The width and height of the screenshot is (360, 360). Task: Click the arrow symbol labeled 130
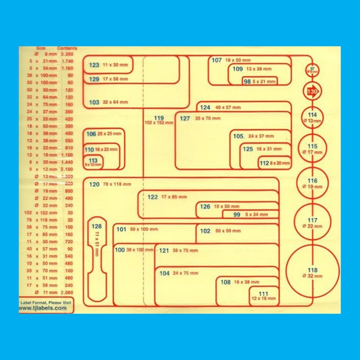pos(312,91)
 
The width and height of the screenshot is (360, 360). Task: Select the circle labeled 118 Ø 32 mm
pos(312,273)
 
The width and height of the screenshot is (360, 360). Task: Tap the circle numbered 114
pos(312,117)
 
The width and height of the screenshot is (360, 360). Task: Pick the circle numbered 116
pos(312,183)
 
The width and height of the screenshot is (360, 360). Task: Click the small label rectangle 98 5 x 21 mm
pos(259,81)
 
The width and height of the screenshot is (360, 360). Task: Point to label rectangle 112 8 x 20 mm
pos(275,163)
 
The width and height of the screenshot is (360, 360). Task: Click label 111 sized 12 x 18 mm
pos(263,296)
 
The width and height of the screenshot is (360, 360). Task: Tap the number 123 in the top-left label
pos(94,65)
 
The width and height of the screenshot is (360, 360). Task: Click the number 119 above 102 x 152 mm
pos(159,118)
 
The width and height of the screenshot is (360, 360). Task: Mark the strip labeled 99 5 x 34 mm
pos(251,215)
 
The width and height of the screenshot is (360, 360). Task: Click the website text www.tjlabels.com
pos(43,308)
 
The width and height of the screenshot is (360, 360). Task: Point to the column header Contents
pos(66,48)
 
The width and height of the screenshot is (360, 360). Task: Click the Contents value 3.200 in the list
pos(67,54)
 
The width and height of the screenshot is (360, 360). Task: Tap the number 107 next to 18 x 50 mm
pos(216,60)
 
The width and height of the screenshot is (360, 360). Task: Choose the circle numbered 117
pos(312,222)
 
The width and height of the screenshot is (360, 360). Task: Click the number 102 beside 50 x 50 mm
pos(205,231)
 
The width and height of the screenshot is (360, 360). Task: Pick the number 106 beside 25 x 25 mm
pos(91,134)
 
